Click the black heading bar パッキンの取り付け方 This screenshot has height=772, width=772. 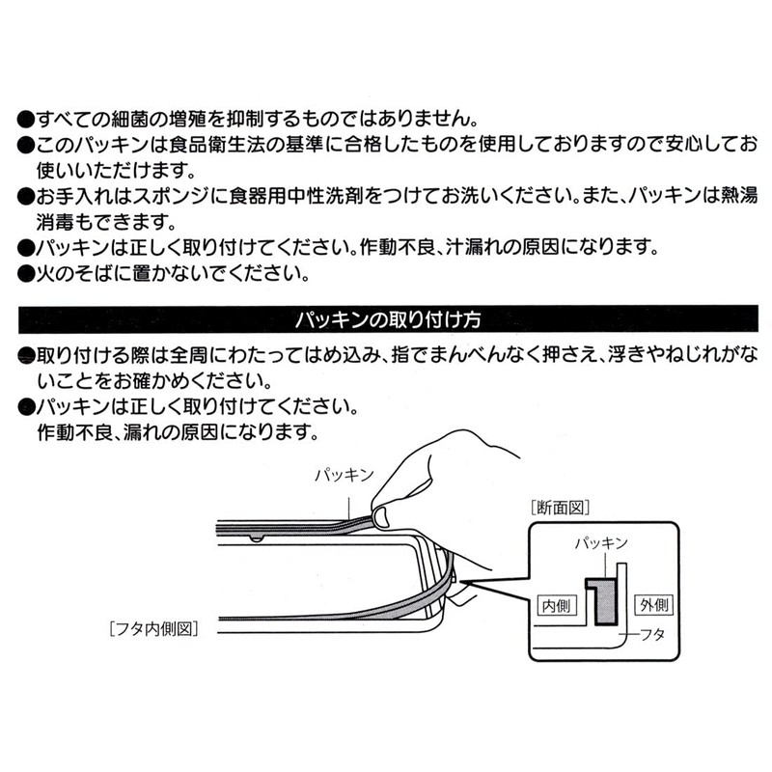(386, 317)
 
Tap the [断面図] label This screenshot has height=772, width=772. (560, 506)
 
